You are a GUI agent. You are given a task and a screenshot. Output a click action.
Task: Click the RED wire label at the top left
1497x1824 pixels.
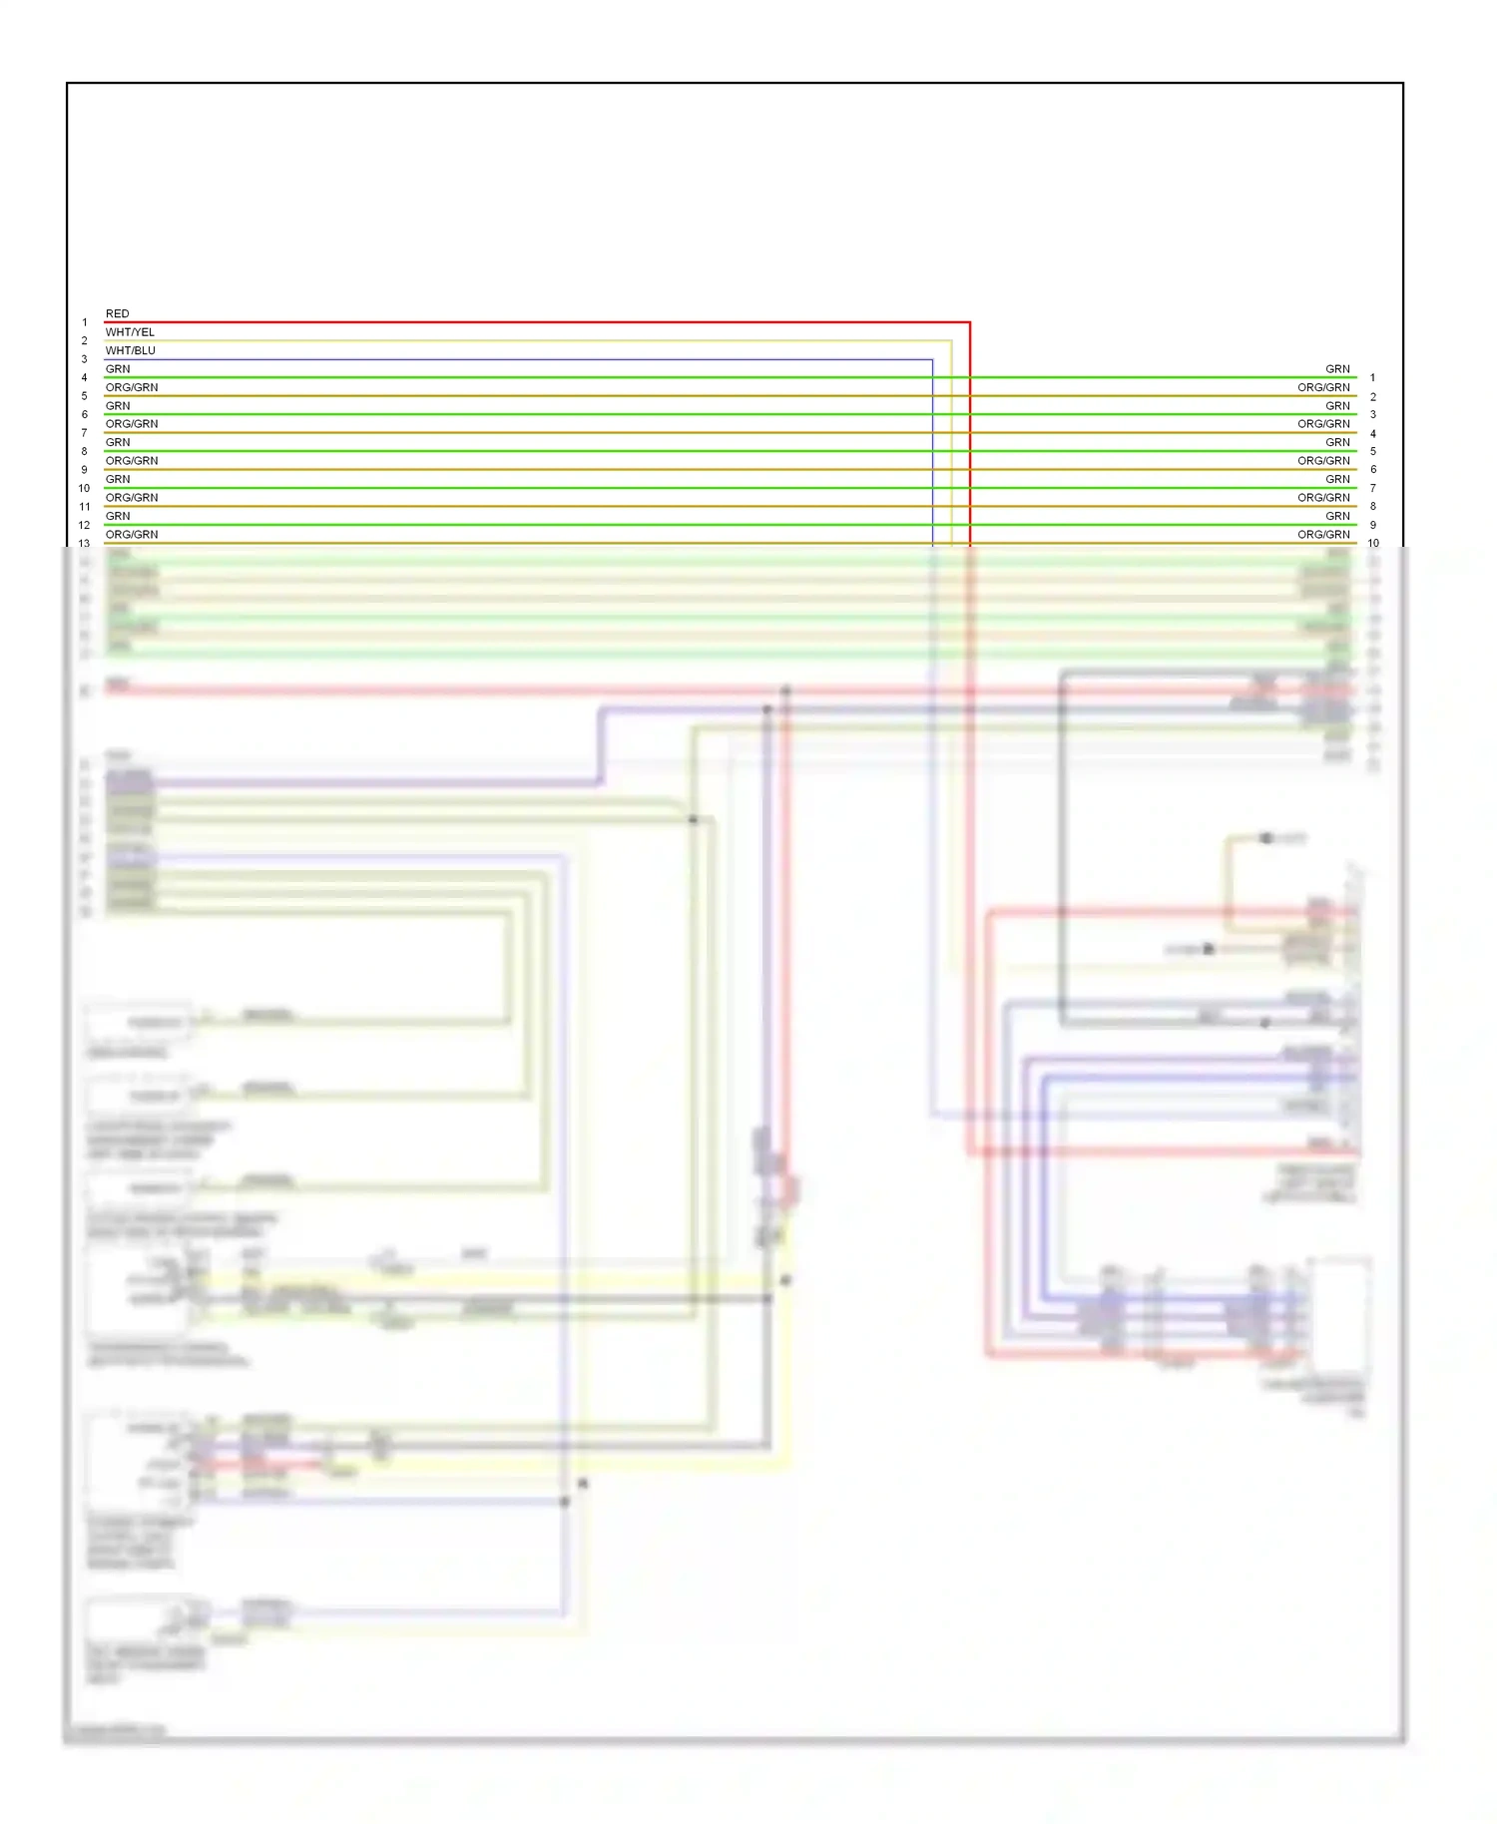[117, 313]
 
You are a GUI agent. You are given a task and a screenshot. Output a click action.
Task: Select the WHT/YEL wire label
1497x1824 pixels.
[130, 332]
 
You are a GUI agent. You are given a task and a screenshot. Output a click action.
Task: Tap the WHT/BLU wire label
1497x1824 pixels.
[130, 350]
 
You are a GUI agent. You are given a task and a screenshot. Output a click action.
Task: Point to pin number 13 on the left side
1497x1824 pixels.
[84, 544]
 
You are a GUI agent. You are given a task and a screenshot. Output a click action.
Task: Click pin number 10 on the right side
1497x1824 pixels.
[1373, 544]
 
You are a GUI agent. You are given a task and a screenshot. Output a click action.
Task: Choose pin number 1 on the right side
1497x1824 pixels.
[1372, 378]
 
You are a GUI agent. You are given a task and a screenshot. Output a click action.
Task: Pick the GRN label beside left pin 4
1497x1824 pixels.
[118, 369]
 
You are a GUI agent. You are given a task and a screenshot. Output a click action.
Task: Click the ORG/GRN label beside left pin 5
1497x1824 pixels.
[132, 387]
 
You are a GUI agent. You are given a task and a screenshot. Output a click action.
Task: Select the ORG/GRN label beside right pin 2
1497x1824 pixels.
[1323, 387]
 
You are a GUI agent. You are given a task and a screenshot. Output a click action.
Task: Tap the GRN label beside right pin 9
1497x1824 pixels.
[1337, 516]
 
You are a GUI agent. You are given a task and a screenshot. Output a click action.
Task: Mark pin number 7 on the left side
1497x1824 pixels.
[84, 433]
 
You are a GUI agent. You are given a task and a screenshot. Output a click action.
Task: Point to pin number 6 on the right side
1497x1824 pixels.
[1373, 470]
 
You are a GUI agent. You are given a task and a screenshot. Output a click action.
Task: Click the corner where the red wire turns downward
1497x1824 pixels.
[969, 322]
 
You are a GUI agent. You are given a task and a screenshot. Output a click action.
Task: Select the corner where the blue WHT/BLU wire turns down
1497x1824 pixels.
[932, 359]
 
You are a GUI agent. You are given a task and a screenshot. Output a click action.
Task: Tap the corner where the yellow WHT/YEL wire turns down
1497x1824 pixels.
[951, 341]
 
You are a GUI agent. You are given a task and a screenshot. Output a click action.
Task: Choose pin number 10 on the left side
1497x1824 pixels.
[84, 488]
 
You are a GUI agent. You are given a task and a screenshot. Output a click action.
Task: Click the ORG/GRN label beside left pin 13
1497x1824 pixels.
[132, 535]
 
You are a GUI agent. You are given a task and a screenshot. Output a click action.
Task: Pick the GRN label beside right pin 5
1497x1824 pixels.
[1337, 442]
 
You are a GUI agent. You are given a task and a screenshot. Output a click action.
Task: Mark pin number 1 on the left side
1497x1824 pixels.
[84, 322]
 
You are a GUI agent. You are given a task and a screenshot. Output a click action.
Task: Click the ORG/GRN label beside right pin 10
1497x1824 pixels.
[1323, 535]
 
